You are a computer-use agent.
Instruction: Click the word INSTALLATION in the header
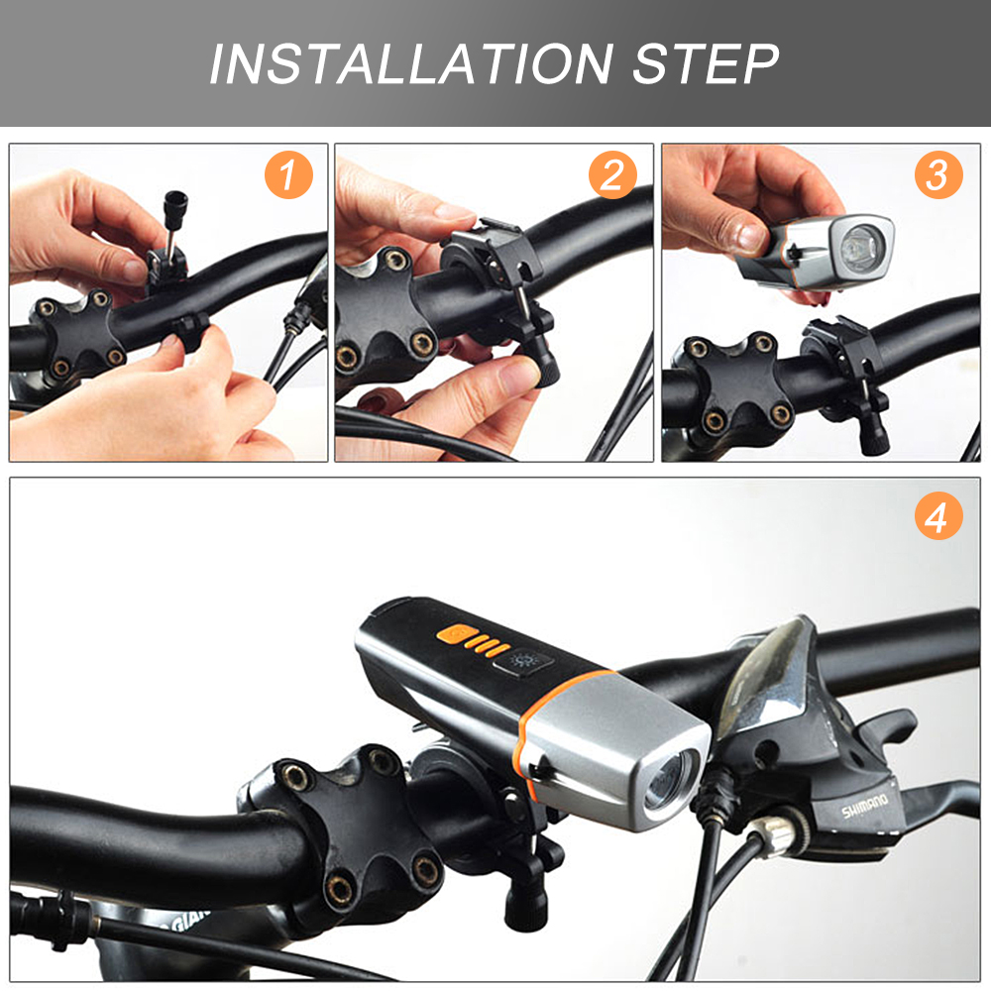(x=411, y=63)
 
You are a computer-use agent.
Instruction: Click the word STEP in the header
(x=706, y=63)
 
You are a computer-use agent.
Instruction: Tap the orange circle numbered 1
(x=288, y=175)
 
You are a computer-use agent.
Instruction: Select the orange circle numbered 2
(x=612, y=175)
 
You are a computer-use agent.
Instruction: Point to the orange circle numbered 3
(x=938, y=175)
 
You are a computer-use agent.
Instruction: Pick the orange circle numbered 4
(x=938, y=515)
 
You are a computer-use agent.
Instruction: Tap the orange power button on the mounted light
(x=455, y=634)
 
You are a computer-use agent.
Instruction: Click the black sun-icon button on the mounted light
(x=523, y=662)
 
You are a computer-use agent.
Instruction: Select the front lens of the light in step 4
(x=671, y=781)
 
